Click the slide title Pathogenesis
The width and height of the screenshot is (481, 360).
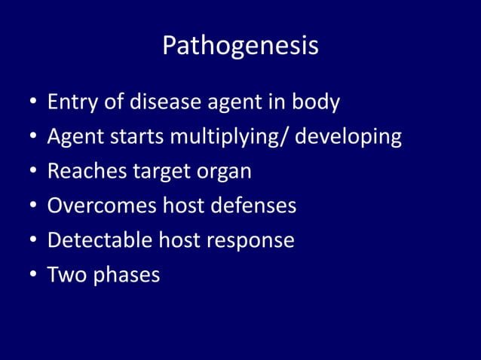[x=240, y=47]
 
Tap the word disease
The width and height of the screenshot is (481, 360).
[x=167, y=102]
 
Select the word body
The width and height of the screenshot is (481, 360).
[x=314, y=102]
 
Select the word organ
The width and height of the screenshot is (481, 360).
[x=225, y=172]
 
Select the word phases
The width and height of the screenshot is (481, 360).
[x=127, y=275]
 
